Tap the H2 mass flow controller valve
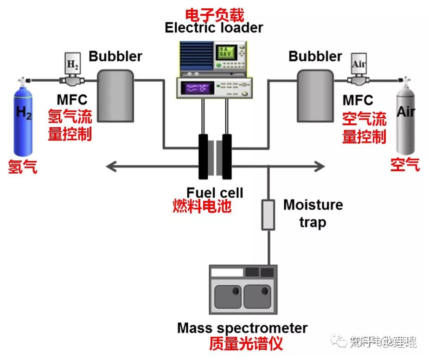72,74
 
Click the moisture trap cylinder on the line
268,215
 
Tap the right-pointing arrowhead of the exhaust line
320,164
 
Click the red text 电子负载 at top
214,13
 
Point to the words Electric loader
214,27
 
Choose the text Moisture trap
313,213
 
